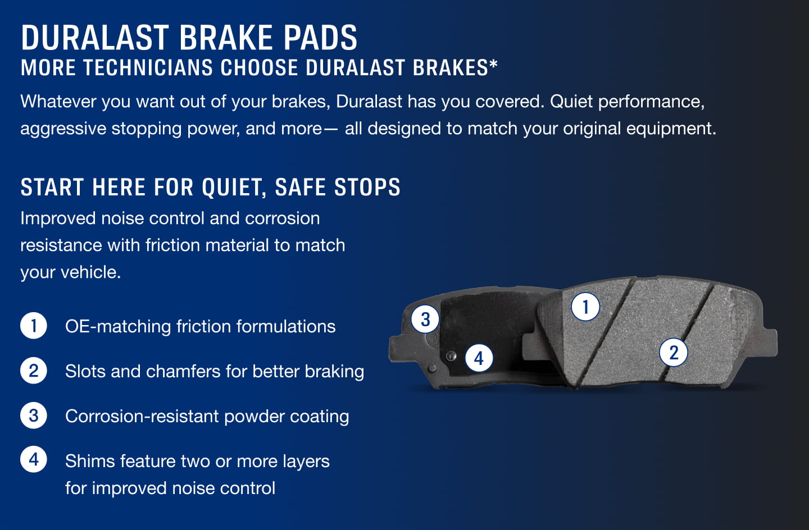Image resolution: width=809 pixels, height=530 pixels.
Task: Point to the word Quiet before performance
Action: tap(571, 102)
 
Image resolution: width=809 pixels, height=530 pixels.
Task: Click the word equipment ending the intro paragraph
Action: tap(671, 129)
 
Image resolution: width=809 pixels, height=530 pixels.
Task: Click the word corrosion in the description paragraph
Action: tap(282, 218)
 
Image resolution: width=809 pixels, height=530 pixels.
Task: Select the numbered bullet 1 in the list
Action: tap(34, 326)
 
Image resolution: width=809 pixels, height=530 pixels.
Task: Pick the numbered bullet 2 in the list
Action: tap(34, 371)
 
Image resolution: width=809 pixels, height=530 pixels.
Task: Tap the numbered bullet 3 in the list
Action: tap(34, 415)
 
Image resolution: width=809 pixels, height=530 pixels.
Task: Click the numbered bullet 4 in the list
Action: tap(34, 460)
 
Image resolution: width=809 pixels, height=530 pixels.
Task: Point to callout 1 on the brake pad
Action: tap(585, 307)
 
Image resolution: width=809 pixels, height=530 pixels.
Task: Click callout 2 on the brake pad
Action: tap(674, 353)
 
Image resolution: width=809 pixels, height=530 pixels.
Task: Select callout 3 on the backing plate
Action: tap(425, 319)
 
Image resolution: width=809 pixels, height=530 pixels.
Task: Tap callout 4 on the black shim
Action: tap(479, 358)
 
